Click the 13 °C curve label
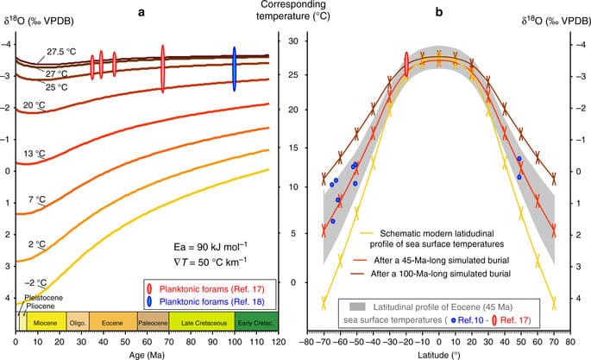coord(34,154)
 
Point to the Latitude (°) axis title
coord(439,352)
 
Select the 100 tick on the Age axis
coord(233,339)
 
